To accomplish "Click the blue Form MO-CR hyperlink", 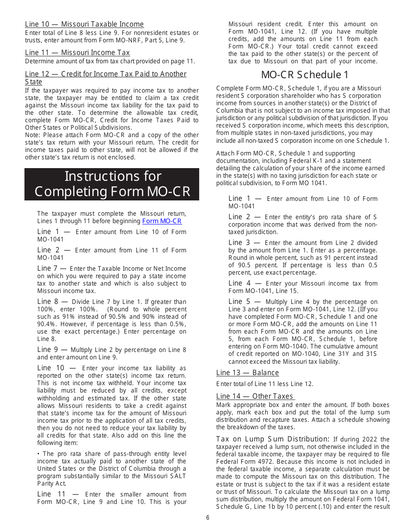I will coord(162,221).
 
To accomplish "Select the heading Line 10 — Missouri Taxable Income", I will coord(84,24).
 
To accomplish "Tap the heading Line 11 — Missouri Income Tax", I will coord(77,53).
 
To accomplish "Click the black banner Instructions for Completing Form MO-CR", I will coord(112,184).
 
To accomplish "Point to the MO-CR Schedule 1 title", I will coord(305,74).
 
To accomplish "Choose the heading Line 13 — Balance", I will coord(247,372).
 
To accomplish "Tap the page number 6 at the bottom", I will coord(207,518).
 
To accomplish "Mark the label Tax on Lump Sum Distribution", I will coord(273,439).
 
